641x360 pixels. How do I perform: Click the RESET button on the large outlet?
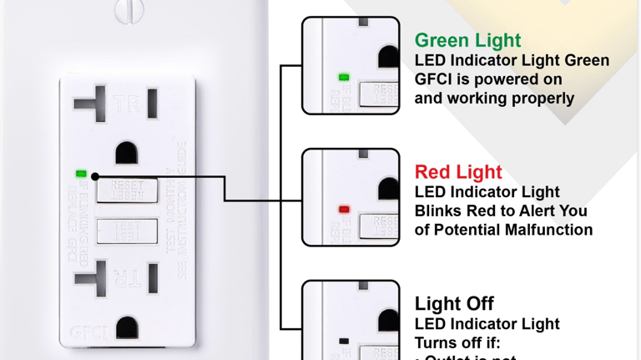pyautogui.click(x=127, y=190)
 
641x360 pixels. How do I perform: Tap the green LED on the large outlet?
pyautogui.click(x=81, y=174)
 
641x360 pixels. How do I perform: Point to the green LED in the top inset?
pyautogui.click(x=343, y=78)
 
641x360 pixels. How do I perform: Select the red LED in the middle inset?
pyautogui.click(x=344, y=209)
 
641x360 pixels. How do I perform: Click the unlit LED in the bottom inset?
pyautogui.click(x=344, y=341)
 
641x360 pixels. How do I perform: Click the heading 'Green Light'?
pyautogui.click(x=467, y=40)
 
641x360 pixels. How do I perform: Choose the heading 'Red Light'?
pyautogui.click(x=458, y=172)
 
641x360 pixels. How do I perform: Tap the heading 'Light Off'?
pyautogui.click(x=454, y=304)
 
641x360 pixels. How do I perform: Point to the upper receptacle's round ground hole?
pyautogui.click(x=127, y=153)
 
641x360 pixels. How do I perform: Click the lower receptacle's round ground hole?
pyautogui.click(x=127, y=327)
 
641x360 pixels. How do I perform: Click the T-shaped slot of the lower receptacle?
pyautogui.click(x=90, y=277)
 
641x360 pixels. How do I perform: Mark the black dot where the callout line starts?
pyautogui.click(x=95, y=176)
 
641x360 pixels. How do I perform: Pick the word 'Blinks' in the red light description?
pyautogui.click(x=440, y=211)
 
